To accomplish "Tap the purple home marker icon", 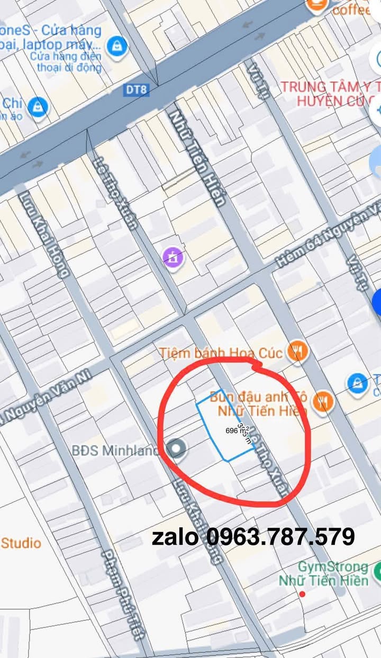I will click(173, 257).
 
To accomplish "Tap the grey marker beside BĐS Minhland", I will click(176, 449).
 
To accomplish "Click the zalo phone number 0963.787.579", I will click(253, 537).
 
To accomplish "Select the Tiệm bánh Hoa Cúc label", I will click(221, 353).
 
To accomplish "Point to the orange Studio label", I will click(21, 543).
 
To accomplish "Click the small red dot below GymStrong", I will click(302, 594).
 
